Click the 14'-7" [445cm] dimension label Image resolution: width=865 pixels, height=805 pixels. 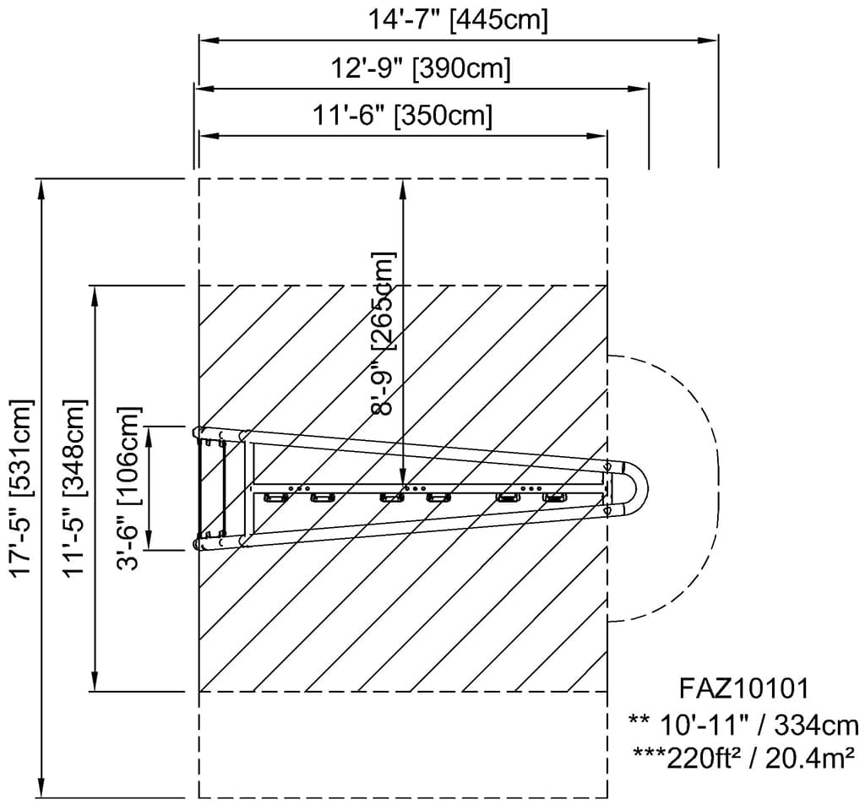tap(458, 20)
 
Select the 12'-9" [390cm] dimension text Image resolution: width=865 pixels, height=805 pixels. tap(421, 68)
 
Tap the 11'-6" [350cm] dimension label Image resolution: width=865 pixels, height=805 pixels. tap(403, 116)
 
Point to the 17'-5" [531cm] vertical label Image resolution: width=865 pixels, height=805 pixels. tap(23, 487)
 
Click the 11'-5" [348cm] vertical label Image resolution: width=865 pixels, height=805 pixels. tap(74, 487)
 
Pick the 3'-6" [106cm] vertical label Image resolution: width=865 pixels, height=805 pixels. tap(129, 489)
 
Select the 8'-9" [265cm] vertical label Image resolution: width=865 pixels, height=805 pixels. tap(384, 334)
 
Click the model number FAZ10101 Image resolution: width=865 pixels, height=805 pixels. tap(744, 688)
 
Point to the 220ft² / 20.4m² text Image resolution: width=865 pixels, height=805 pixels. tap(761, 758)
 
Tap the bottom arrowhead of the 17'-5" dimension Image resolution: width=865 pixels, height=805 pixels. tap(41, 787)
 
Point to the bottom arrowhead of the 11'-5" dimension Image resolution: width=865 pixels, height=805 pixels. tap(95, 681)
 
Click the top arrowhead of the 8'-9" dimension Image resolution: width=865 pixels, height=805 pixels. tap(403, 189)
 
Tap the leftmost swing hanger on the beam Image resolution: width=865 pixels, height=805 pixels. tap(275, 498)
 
